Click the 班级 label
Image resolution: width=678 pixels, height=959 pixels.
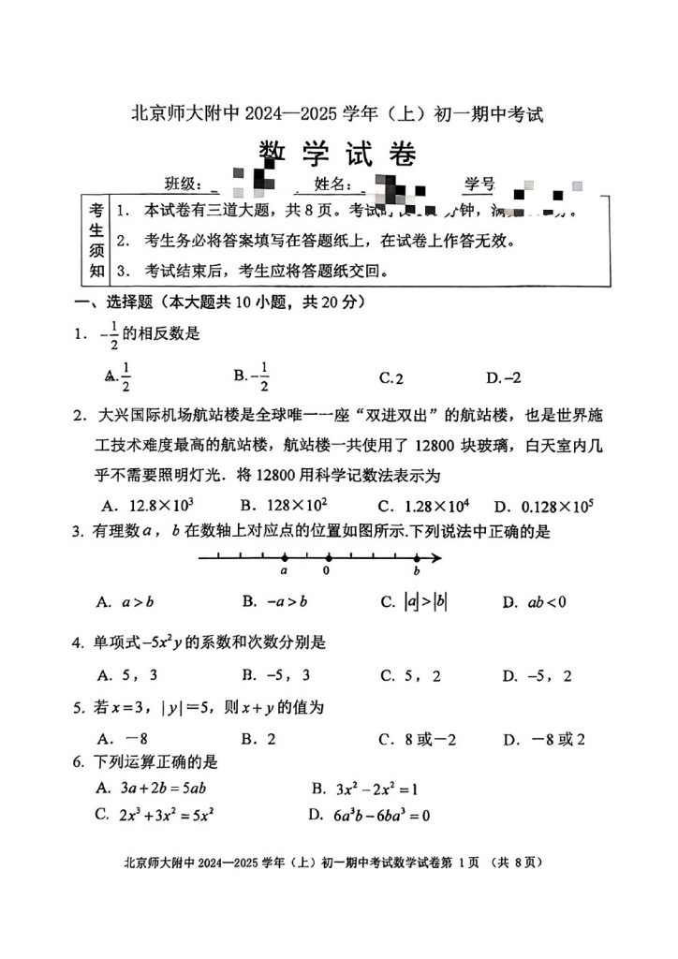pos(184,184)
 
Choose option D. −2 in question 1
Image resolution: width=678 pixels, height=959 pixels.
pos(503,377)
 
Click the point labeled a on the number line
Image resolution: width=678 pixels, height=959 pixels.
pos(284,558)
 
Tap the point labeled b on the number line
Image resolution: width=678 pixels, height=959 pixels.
pos(417,558)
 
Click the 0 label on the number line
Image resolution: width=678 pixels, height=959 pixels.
pos(326,569)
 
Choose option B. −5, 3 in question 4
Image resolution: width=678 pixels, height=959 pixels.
pos(275,675)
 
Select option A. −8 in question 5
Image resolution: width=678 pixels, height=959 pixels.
pos(123,739)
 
